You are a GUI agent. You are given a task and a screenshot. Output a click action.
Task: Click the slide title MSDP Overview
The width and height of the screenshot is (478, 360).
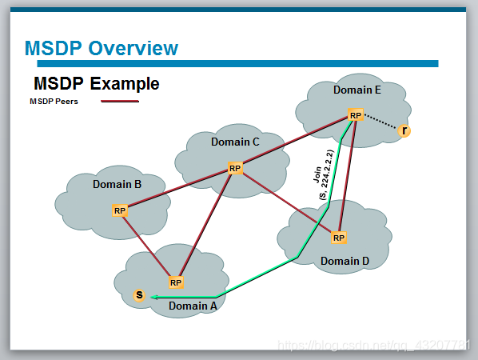tap(101, 48)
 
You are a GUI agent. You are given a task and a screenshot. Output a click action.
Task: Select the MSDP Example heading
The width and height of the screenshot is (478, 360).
tap(96, 84)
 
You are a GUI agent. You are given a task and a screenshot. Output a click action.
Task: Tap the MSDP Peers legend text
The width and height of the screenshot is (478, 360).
tap(54, 102)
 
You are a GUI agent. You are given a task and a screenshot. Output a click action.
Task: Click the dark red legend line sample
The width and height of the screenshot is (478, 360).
tap(120, 102)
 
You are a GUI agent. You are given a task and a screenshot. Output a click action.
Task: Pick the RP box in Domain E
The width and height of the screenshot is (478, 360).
tap(356, 115)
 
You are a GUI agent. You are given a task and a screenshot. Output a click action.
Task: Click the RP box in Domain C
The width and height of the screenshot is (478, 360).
tap(234, 168)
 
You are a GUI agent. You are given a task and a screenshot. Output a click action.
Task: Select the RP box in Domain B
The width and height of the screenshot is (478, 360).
tap(119, 210)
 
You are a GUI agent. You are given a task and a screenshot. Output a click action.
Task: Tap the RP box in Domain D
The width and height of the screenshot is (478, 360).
tap(338, 238)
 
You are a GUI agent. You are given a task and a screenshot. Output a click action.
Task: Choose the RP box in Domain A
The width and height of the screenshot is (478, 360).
tap(176, 282)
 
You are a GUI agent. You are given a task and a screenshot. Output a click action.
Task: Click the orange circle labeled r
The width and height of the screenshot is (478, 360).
tap(404, 130)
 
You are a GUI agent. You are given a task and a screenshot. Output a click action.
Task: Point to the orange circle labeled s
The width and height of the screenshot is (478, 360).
tap(139, 295)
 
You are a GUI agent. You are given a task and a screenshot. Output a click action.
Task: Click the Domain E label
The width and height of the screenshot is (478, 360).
tap(357, 90)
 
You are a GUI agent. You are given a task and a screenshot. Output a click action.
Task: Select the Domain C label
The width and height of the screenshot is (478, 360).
tap(235, 142)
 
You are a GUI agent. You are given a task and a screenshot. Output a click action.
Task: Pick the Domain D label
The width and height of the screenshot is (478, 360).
tap(345, 261)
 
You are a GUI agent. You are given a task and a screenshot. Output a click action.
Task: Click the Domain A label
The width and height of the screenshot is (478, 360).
tap(193, 305)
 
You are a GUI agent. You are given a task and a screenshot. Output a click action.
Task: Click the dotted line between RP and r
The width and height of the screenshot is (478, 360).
tap(381, 123)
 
